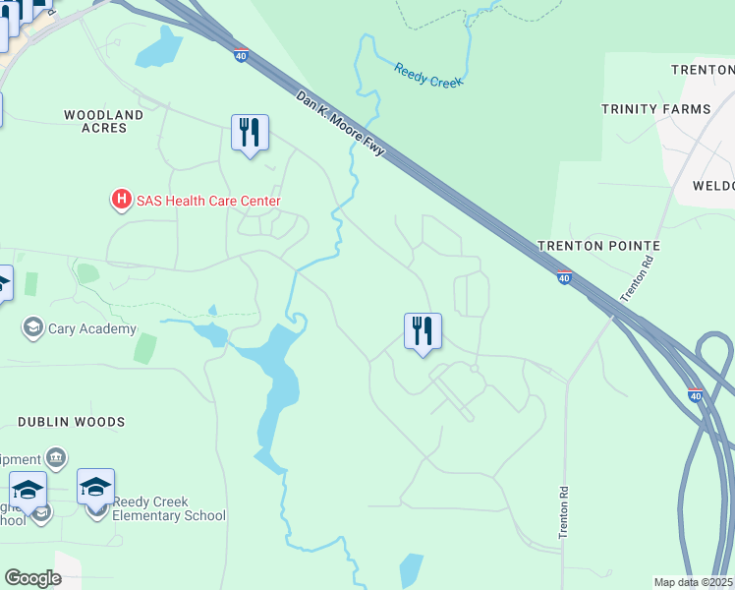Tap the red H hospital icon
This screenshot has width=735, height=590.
click(122, 201)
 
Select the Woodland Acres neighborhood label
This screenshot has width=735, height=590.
click(103, 121)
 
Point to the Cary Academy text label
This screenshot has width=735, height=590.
click(92, 328)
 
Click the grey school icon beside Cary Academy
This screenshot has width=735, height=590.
click(33, 327)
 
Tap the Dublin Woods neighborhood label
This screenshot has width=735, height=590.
click(71, 422)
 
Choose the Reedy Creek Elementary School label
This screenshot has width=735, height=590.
click(168, 508)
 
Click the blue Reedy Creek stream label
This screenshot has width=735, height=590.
click(427, 76)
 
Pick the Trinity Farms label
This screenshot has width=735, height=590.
click(655, 109)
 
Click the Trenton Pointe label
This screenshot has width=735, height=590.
click(597, 245)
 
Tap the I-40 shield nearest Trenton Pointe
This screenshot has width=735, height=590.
click(564, 278)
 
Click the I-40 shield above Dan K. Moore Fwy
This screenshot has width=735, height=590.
click(241, 55)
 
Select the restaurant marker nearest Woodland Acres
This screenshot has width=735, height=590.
click(250, 133)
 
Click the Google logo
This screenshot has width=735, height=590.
click(32, 578)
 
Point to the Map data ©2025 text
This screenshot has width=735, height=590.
click(694, 582)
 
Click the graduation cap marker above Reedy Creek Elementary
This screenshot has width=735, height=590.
click(96, 487)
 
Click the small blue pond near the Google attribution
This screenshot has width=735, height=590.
click(411, 570)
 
